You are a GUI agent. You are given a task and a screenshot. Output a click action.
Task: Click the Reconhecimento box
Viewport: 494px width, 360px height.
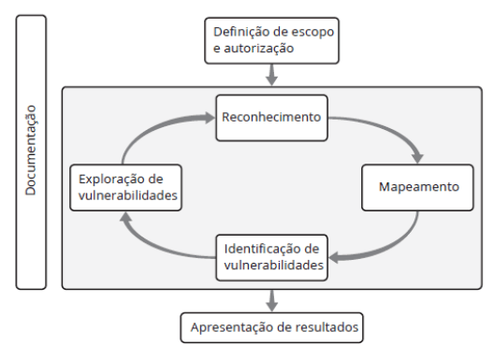[x=271, y=119]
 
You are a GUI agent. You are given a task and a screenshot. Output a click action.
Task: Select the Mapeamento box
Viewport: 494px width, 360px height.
[x=418, y=187]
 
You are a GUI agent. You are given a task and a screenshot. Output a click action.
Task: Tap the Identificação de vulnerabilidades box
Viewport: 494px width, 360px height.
[x=272, y=256]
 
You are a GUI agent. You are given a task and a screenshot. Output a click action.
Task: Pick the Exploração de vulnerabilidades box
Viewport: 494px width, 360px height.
[x=123, y=187]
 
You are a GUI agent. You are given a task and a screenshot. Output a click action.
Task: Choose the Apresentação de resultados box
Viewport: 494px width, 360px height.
[x=271, y=326]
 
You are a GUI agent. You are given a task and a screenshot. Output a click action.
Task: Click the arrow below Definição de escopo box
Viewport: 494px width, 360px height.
[x=271, y=74]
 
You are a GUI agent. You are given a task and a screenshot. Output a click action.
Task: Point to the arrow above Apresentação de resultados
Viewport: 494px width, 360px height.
[x=271, y=299]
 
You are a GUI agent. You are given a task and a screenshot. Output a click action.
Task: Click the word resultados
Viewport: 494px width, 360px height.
[x=317, y=326]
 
